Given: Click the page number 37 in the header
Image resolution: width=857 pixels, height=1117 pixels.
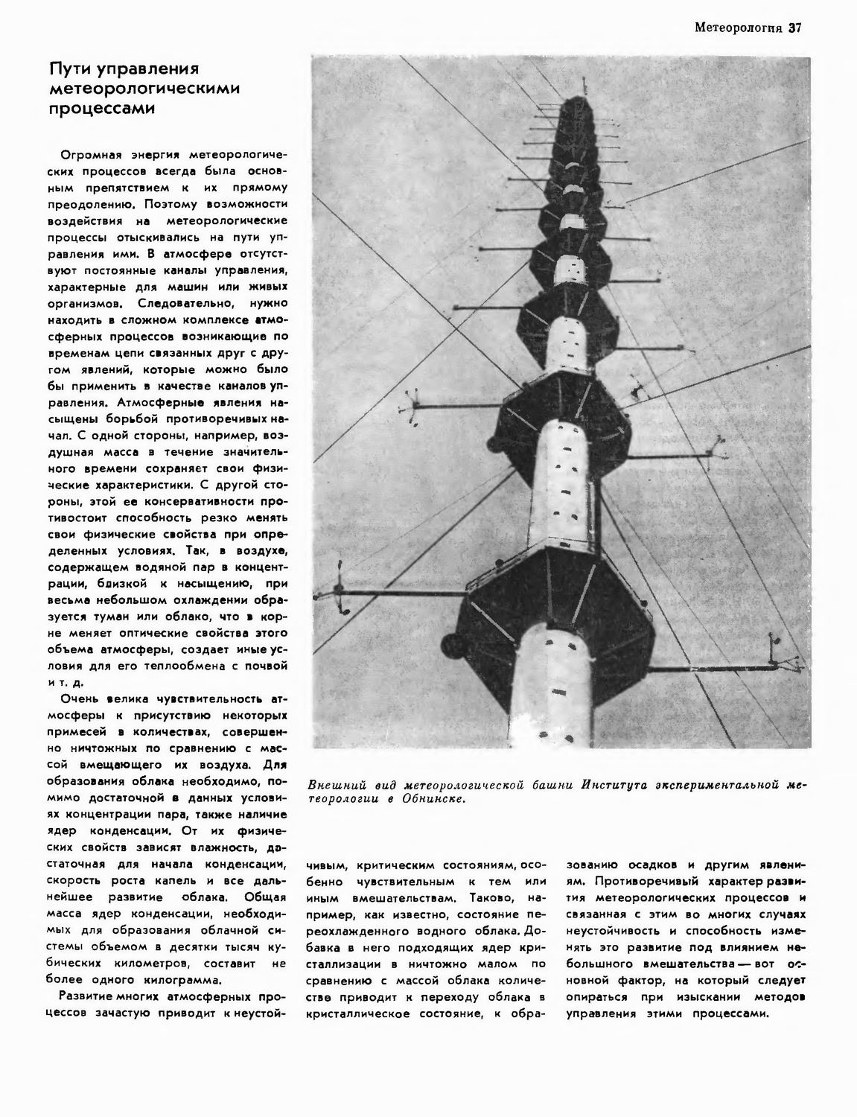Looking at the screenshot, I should coord(795,29).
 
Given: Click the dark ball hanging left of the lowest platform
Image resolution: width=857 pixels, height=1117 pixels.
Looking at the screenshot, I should coord(452,643).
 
